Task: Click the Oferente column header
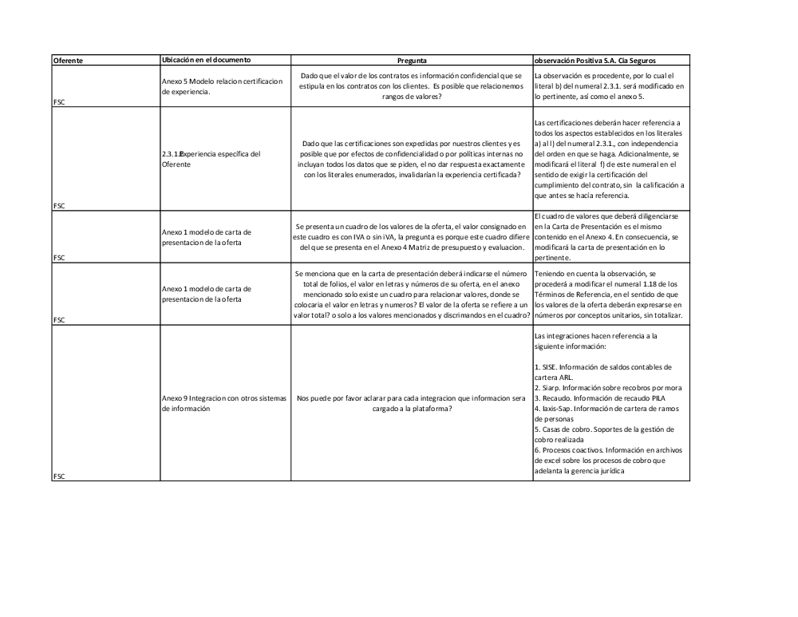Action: click(68, 60)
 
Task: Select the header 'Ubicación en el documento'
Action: click(206, 60)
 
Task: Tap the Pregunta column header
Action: click(412, 60)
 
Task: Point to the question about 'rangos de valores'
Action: click(412, 86)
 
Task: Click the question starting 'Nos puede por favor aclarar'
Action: click(412, 403)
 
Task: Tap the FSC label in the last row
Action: click(59, 476)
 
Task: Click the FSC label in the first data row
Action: click(59, 102)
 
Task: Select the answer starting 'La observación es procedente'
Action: click(610, 86)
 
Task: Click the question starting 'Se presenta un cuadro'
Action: click(412, 237)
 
